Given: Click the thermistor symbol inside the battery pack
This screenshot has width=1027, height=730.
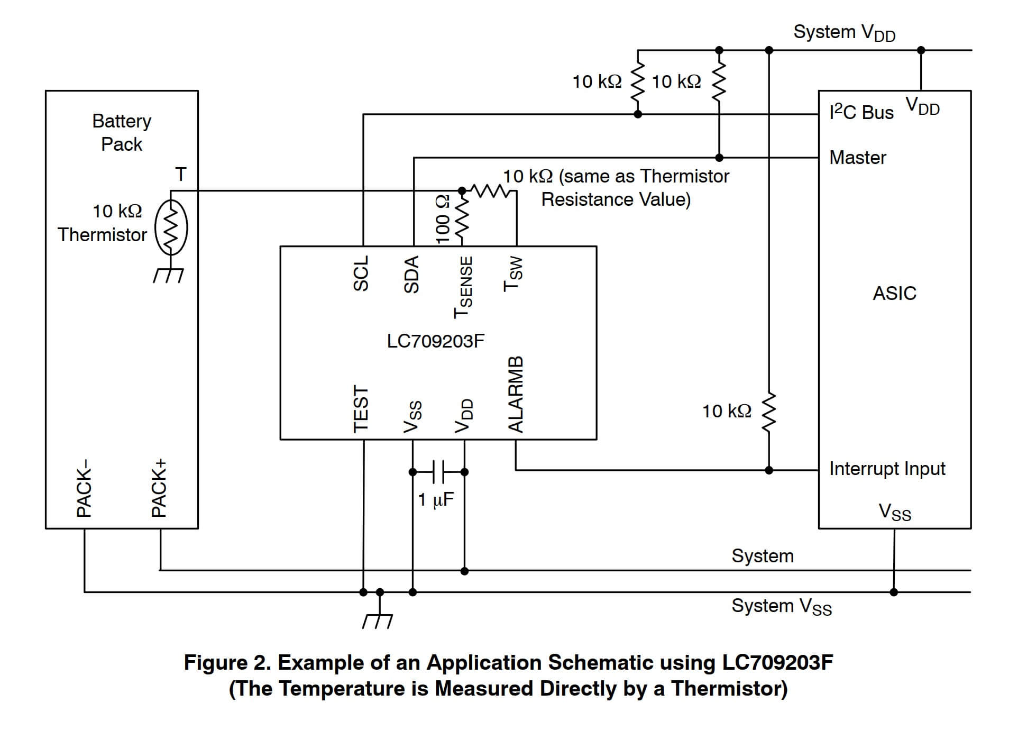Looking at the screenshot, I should tap(171, 227).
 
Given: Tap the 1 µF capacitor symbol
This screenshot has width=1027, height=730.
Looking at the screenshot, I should tap(438, 472).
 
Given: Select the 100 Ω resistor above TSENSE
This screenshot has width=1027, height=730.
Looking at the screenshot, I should tap(462, 217).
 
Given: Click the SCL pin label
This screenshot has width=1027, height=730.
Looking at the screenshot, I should tap(361, 273).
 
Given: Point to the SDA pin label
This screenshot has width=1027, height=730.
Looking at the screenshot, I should tap(411, 274).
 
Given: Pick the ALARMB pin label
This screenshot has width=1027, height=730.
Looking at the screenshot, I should tap(516, 394).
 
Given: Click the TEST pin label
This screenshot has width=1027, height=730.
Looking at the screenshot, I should tap(361, 409).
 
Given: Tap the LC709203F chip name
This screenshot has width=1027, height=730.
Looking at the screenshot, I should tap(436, 341).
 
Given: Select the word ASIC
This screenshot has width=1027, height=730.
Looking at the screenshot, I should tap(894, 293).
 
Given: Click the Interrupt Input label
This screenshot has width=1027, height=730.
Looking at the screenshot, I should tap(887, 469).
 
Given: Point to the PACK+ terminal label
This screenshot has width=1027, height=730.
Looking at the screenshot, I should tap(159, 488).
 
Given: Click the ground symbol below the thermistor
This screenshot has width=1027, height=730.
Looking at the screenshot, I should tap(169, 276).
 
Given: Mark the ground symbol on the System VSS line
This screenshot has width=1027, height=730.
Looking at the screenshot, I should tap(378, 620).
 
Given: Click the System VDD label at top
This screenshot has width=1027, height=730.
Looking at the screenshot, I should tap(844, 33).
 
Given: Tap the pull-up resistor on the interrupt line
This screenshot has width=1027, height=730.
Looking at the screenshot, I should tap(769, 412).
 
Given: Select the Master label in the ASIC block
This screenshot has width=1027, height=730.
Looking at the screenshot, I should tap(857, 158).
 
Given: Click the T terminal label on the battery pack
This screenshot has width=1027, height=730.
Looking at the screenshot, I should tap(181, 174).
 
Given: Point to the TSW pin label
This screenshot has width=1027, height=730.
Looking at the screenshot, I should tap(513, 274).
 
